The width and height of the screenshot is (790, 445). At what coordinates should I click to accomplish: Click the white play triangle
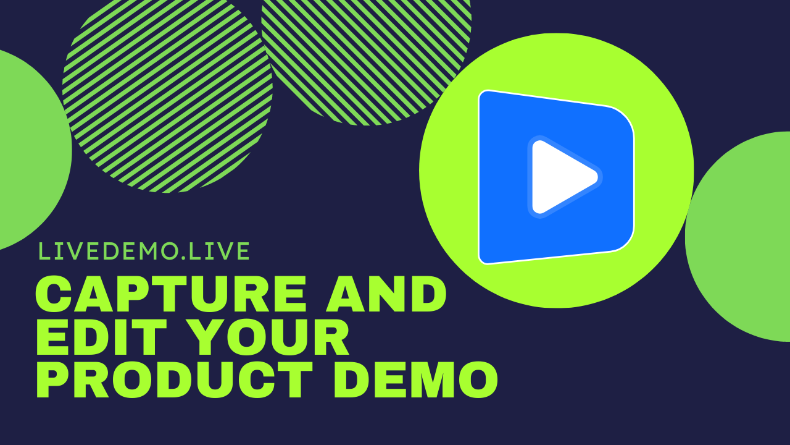pyautogui.click(x=559, y=177)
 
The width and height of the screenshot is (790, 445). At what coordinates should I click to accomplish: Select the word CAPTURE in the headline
pyautogui.click(x=170, y=295)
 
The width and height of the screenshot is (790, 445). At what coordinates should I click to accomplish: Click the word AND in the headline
pyautogui.click(x=386, y=295)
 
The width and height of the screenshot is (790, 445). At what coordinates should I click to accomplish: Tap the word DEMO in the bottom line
pyautogui.click(x=420, y=379)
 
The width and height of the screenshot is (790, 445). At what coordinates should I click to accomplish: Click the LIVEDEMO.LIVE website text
pyautogui.click(x=144, y=252)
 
